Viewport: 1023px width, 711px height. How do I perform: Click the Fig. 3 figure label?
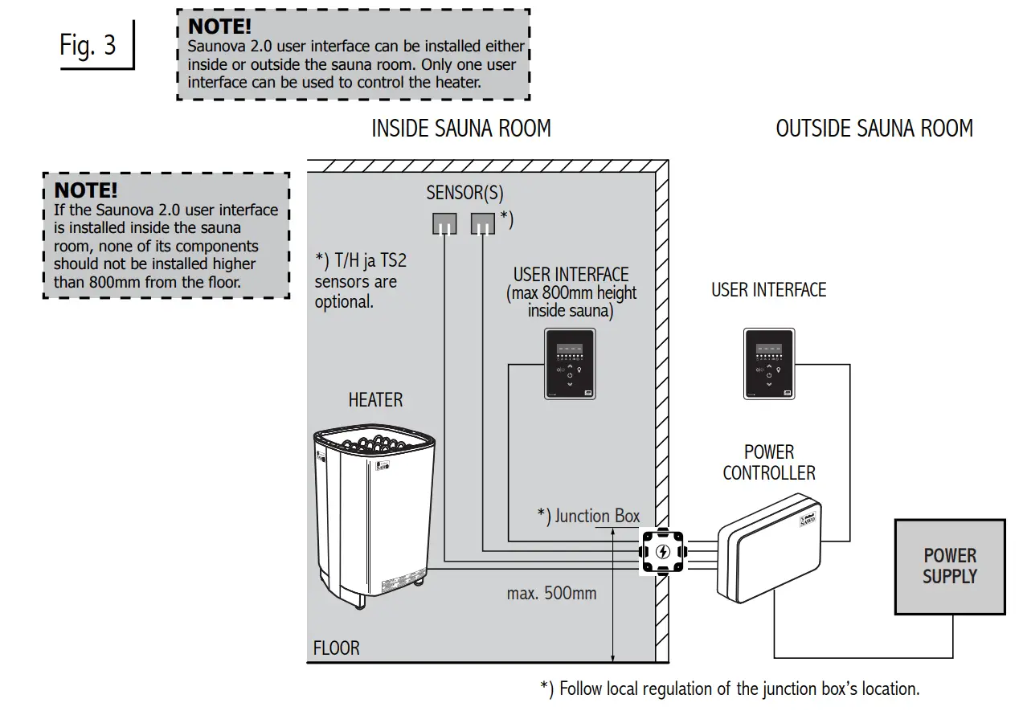click(88, 45)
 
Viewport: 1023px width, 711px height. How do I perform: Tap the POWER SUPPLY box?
click(950, 566)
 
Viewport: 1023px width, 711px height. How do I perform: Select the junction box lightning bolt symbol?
click(662, 552)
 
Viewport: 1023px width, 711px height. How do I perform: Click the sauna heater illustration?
click(374, 514)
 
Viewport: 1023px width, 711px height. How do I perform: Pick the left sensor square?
click(444, 223)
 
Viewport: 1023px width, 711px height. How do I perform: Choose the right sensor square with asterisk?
click(482, 223)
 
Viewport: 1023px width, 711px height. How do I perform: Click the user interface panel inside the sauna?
click(570, 364)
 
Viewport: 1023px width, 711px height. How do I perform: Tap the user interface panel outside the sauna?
click(769, 364)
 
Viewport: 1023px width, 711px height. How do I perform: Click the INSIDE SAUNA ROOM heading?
click(461, 129)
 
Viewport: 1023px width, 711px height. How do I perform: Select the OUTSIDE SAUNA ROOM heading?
click(874, 129)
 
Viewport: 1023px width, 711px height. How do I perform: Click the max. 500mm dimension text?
click(551, 594)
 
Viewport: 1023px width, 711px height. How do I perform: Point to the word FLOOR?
click(337, 648)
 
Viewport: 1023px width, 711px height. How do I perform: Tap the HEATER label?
click(375, 399)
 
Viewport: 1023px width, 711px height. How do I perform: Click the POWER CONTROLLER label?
click(769, 463)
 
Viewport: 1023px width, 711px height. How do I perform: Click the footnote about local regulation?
click(730, 689)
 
